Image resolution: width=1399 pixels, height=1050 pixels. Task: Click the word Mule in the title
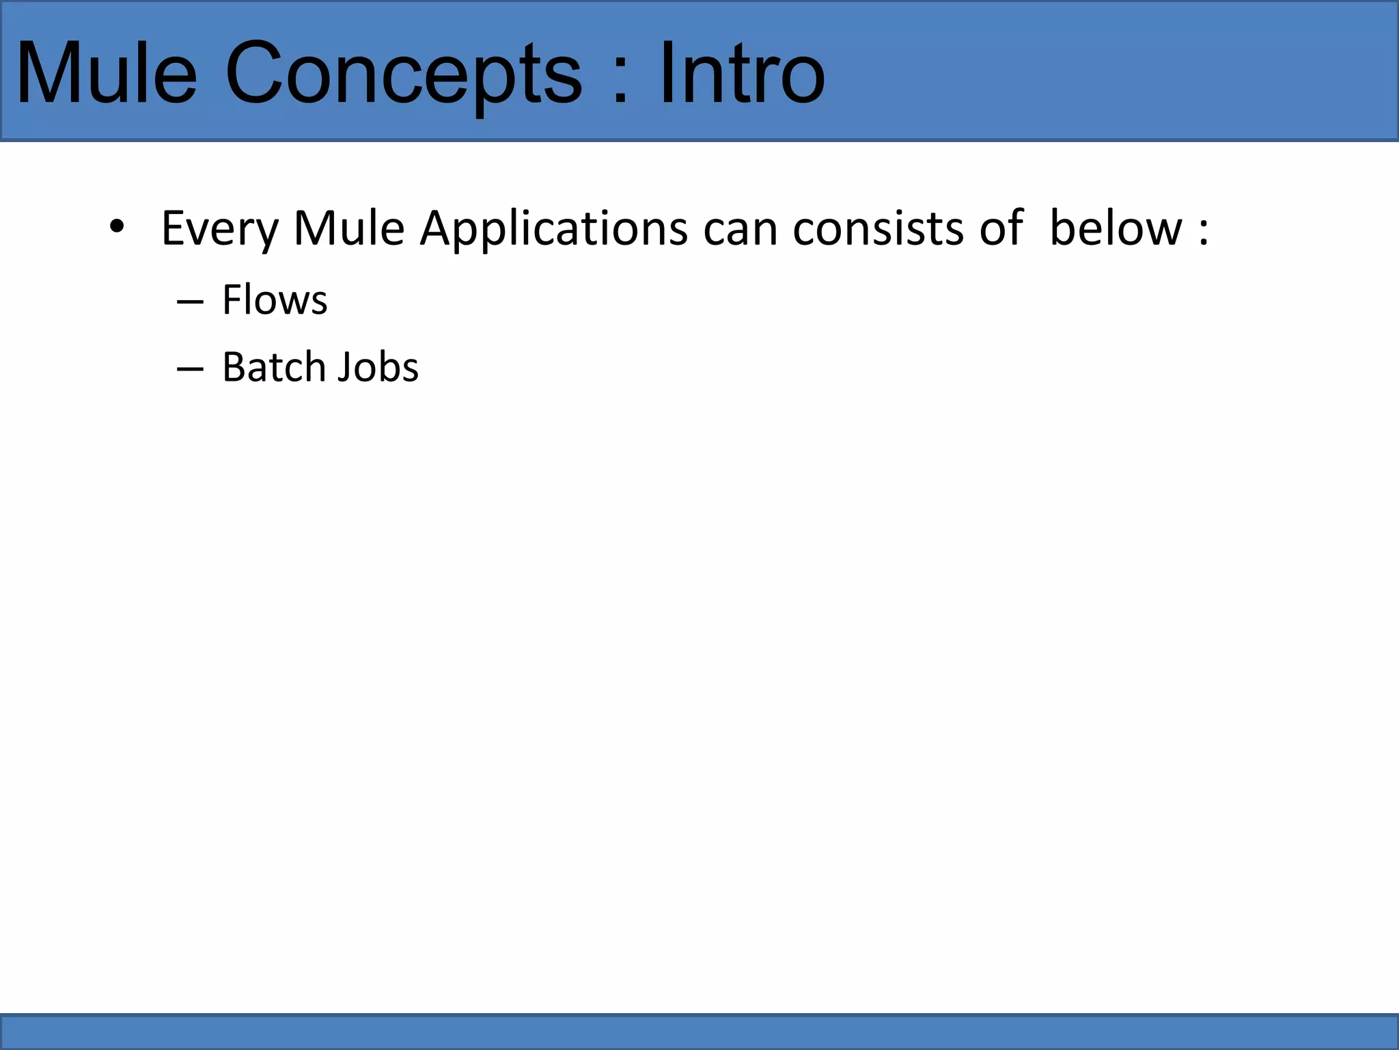[106, 74]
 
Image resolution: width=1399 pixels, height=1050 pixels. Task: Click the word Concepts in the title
[403, 74]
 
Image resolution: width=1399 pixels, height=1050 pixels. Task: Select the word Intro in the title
[741, 74]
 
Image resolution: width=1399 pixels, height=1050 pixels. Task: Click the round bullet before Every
[117, 226]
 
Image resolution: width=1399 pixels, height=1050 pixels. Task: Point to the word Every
[219, 229]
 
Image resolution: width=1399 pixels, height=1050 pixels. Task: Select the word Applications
[553, 229]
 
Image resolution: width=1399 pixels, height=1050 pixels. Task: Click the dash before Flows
[190, 301]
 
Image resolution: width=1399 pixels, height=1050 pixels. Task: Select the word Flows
[275, 300]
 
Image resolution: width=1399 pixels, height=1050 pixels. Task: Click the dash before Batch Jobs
[190, 369]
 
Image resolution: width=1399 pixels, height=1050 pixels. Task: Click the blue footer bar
[699, 1032]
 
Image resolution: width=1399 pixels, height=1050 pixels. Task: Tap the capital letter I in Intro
[665, 74]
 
